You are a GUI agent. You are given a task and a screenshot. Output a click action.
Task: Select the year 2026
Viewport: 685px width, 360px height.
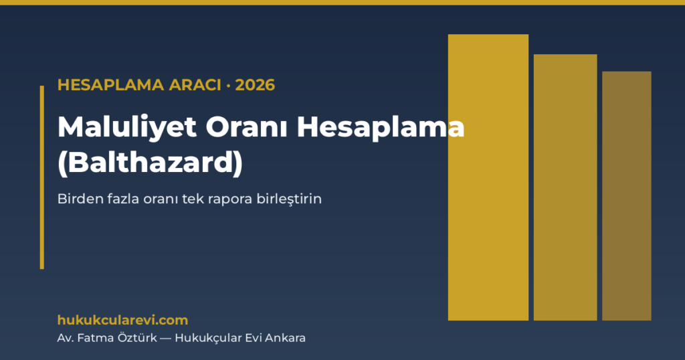(255, 85)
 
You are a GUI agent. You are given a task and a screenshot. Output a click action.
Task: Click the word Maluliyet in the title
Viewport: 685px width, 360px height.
(127, 128)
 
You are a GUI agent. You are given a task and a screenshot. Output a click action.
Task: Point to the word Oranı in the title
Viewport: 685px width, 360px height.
(247, 127)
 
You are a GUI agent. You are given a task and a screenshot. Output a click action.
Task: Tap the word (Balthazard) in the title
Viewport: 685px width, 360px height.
(151, 163)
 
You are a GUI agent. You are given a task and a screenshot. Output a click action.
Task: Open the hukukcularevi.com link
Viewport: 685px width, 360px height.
(123, 321)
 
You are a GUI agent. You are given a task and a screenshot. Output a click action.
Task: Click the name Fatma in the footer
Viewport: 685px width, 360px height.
(92, 338)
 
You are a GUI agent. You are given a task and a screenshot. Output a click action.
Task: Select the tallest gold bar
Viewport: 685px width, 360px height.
(488, 177)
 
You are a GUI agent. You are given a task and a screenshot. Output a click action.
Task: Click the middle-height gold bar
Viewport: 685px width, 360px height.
(565, 187)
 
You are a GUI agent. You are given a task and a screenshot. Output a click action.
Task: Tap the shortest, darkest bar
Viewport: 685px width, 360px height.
(627, 196)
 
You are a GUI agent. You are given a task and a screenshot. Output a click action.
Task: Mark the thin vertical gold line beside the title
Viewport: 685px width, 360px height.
(42, 177)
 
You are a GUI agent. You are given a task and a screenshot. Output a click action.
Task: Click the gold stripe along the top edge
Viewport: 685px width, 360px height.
(342, 3)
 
